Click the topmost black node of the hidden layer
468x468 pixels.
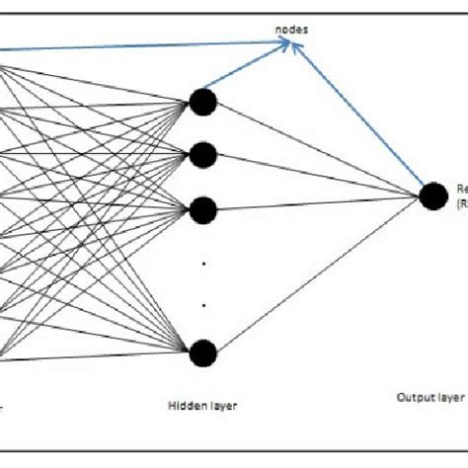coord(203,101)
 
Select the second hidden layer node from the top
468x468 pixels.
coord(203,154)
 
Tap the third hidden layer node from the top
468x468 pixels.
coord(203,208)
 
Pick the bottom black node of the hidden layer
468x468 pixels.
coord(203,352)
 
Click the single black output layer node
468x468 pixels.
coord(430,195)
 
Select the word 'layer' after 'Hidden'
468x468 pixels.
coord(222,404)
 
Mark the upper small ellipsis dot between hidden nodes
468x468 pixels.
coord(203,264)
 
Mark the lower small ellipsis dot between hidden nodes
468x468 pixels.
coord(203,305)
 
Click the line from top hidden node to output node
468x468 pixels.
coord(316,148)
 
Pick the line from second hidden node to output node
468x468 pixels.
coord(316,175)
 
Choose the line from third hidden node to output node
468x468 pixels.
coord(316,202)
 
